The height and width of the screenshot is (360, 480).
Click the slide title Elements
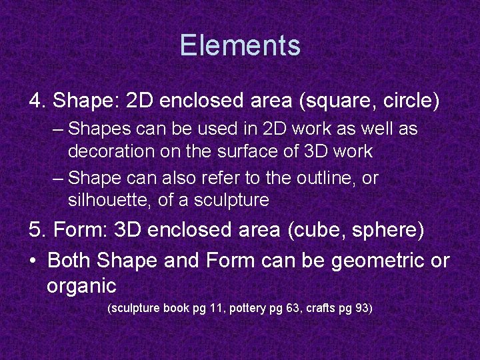[x=240, y=46]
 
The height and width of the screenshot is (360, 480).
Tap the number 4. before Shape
[x=37, y=101]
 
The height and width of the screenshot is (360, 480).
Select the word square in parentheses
[x=338, y=101]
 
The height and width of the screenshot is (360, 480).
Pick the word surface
[x=247, y=151]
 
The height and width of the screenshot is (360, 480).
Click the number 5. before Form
[x=37, y=231]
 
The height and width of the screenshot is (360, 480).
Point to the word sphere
[x=389, y=231]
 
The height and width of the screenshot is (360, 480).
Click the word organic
[x=81, y=287]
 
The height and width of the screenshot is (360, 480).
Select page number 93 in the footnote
[x=359, y=309]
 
